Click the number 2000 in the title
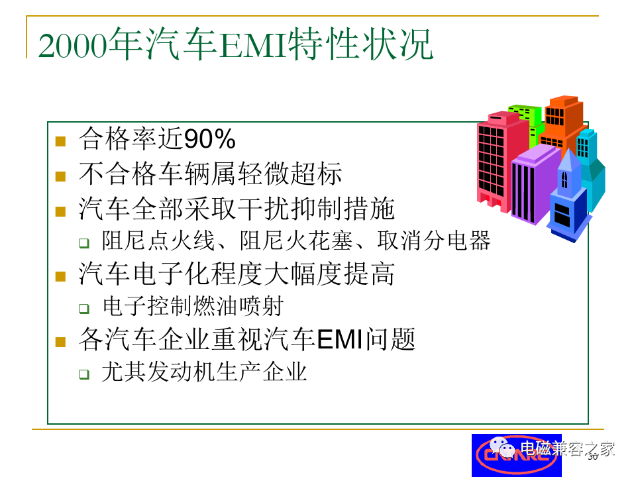coord(74,46)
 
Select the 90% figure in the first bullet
coord(210,139)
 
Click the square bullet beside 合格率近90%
coord(60,141)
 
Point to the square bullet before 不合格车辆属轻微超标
coord(60,176)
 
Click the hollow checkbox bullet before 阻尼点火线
coord(84,243)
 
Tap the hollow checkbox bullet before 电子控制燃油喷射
coord(84,309)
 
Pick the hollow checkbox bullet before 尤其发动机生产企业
coord(84,374)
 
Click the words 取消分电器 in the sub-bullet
coord(433,240)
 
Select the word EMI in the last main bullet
coord(339,339)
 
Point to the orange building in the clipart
coord(562,122)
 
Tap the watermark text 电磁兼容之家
coord(568,449)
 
